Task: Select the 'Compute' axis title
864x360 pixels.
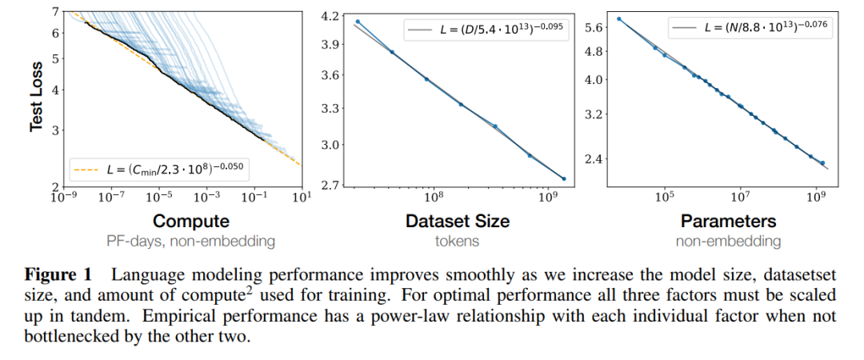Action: point(191,221)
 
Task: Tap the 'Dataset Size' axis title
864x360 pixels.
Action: point(458,221)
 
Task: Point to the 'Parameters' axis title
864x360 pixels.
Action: point(728,221)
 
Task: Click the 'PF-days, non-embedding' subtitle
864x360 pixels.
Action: point(191,239)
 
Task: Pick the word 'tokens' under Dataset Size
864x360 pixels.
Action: point(458,239)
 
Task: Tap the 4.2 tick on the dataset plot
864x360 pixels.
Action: point(329,14)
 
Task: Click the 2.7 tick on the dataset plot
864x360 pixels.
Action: point(329,186)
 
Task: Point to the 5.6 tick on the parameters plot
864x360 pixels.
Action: point(594,27)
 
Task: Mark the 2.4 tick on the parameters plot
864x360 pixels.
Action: point(594,158)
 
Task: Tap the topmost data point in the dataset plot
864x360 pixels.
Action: point(358,22)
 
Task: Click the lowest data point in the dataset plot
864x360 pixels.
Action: point(564,179)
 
